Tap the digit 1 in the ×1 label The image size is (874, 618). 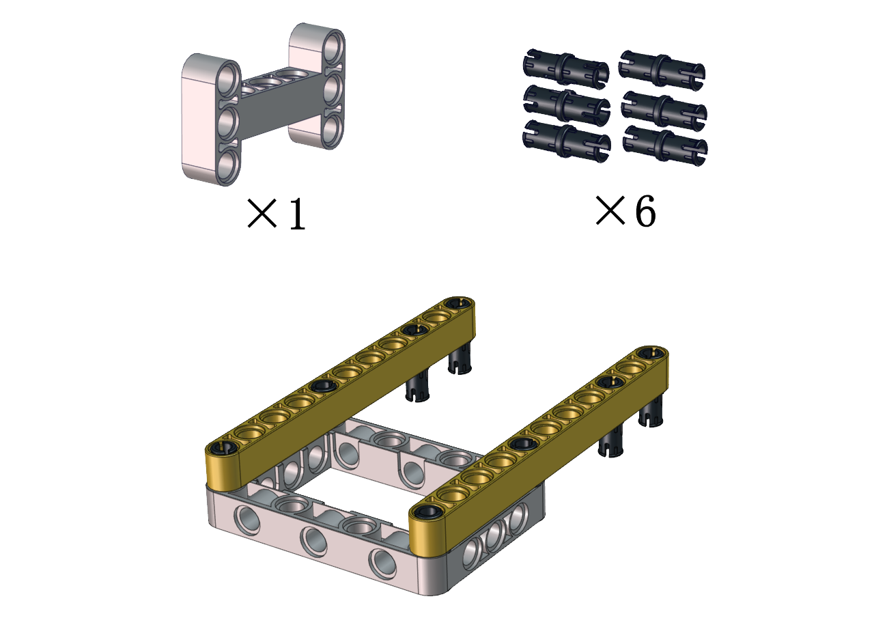[x=297, y=214]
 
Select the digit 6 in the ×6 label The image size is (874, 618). [x=645, y=211]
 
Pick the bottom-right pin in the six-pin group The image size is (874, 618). [x=665, y=145]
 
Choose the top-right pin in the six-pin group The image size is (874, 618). [x=662, y=68]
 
